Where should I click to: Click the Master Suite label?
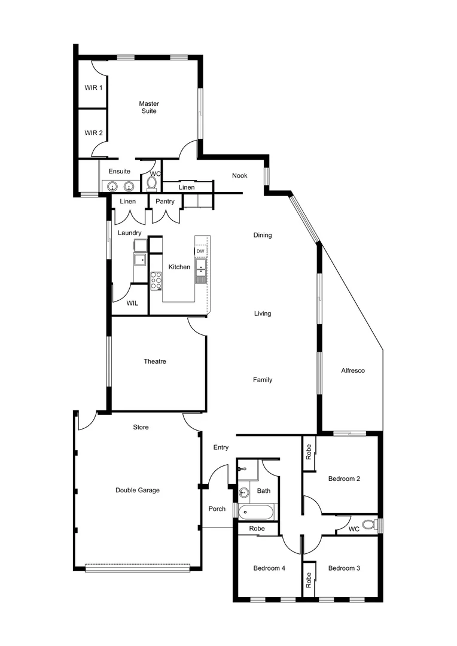tap(149, 107)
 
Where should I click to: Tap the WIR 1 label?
tap(93, 88)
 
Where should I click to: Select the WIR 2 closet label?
tap(93, 133)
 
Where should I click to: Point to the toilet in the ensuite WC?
tap(152, 182)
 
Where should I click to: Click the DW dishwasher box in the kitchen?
tap(200, 251)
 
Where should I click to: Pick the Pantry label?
tap(164, 202)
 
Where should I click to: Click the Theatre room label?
tap(154, 361)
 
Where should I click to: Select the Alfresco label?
tap(353, 370)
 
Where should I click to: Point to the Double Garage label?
tap(138, 490)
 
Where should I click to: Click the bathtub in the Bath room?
tap(257, 513)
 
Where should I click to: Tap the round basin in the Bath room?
tap(245, 493)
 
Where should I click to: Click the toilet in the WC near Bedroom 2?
tap(368, 525)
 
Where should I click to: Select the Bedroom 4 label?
tap(269, 568)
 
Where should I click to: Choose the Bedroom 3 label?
tap(344, 568)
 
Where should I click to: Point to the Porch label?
tap(217, 509)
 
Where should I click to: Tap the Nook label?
tap(240, 175)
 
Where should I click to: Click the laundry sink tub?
tap(140, 259)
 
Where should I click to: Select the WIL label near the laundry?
tap(132, 303)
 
